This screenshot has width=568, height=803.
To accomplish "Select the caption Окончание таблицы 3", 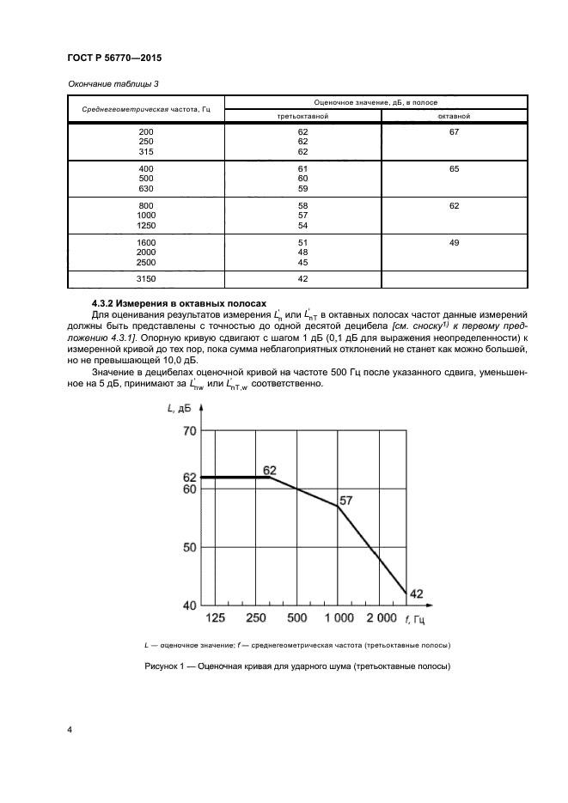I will (x=112, y=83).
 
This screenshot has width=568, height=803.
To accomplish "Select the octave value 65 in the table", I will (x=455, y=169).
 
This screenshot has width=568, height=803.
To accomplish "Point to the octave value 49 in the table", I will (x=455, y=244).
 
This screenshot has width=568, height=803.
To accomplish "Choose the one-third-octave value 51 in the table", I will (x=302, y=244).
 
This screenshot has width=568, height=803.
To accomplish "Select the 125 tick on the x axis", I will (x=216, y=618).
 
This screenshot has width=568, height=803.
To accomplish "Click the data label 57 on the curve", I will (x=345, y=499).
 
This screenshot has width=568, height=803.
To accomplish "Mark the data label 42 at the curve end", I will (x=417, y=593).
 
